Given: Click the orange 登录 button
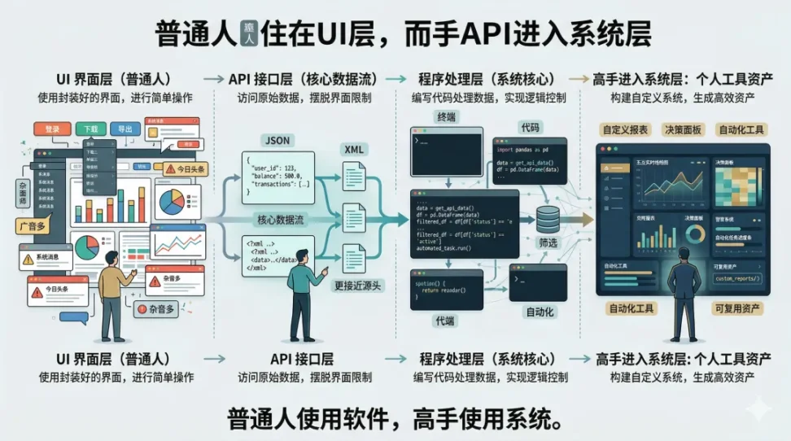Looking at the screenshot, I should click(x=53, y=129).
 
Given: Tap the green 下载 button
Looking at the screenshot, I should click(x=90, y=129).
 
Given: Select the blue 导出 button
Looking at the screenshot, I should click(x=125, y=129).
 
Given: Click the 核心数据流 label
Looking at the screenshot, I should click(x=280, y=220).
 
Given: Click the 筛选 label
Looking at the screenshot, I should click(x=548, y=242).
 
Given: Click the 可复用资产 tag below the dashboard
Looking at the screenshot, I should click(x=736, y=308).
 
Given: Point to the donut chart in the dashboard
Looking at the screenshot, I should click(x=696, y=235).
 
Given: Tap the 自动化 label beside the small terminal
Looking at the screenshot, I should click(x=541, y=312).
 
